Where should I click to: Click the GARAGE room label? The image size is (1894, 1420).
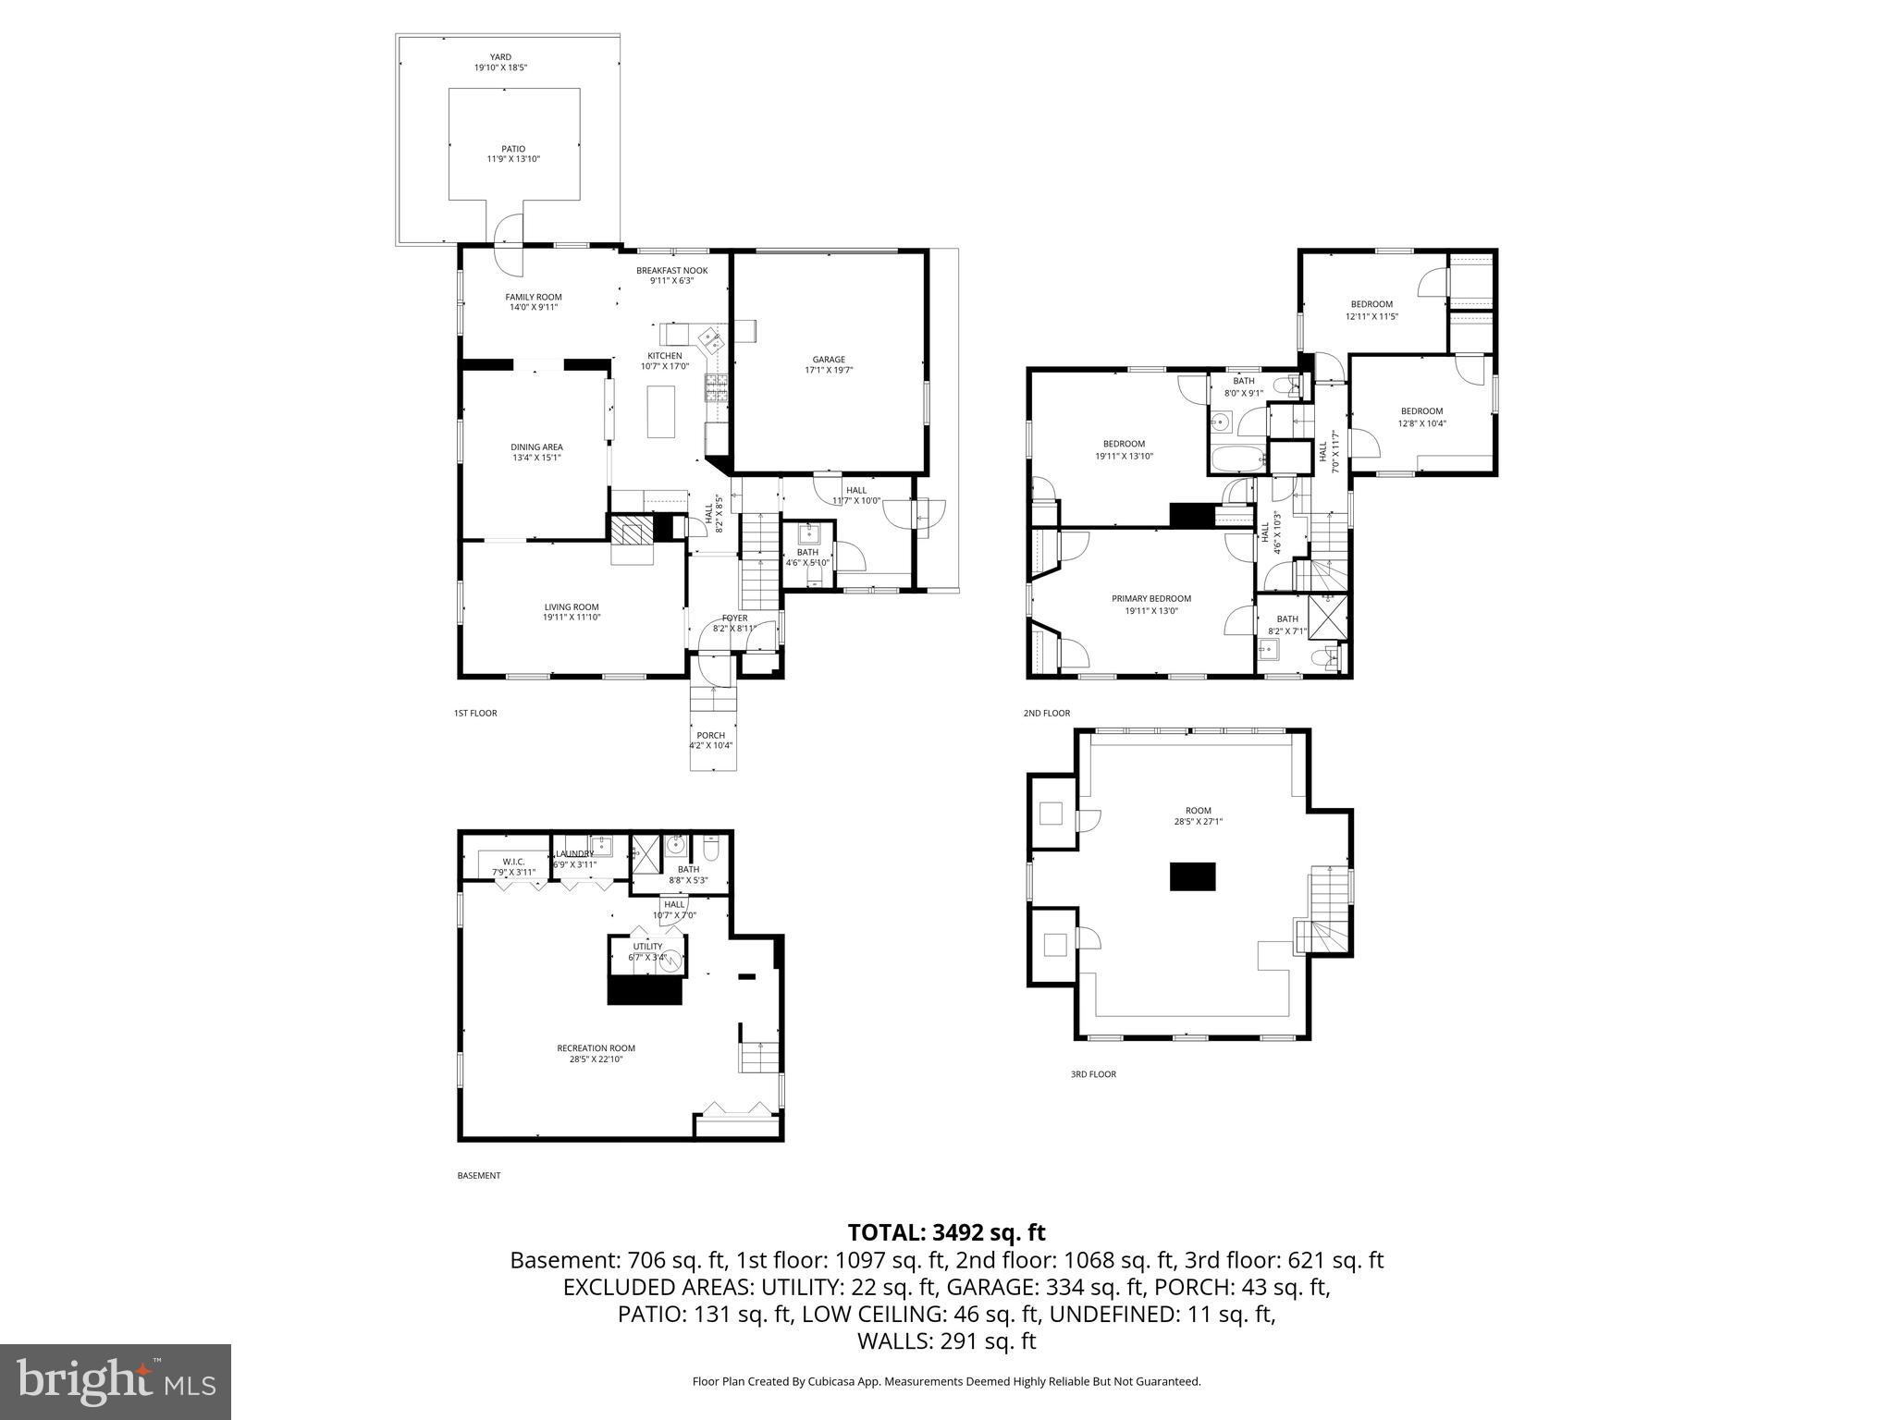[829, 360]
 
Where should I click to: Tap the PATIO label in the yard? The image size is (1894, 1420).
[513, 149]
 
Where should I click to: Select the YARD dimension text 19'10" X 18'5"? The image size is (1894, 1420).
[500, 67]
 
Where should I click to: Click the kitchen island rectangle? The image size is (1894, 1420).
[661, 411]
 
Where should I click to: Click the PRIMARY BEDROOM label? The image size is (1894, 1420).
[1150, 599]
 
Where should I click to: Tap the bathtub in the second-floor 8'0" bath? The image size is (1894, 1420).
[1235, 459]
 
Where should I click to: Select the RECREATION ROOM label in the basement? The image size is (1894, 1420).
[596, 1048]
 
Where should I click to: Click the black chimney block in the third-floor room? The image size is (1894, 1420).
[1192, 876]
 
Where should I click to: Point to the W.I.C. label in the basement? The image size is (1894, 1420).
[514, 862]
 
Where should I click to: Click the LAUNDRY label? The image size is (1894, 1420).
[574, 853]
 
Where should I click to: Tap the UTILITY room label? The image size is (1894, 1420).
[647, 947]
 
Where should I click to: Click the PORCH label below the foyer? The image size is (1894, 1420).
[710, 736]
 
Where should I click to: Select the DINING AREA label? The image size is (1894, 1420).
[536, 447]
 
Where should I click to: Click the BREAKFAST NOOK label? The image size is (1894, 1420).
[671, 271]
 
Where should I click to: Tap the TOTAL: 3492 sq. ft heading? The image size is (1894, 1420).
[946, 1232]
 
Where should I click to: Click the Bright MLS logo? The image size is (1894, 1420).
[116, 1381]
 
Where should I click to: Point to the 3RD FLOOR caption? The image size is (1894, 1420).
[1093, 1074]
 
